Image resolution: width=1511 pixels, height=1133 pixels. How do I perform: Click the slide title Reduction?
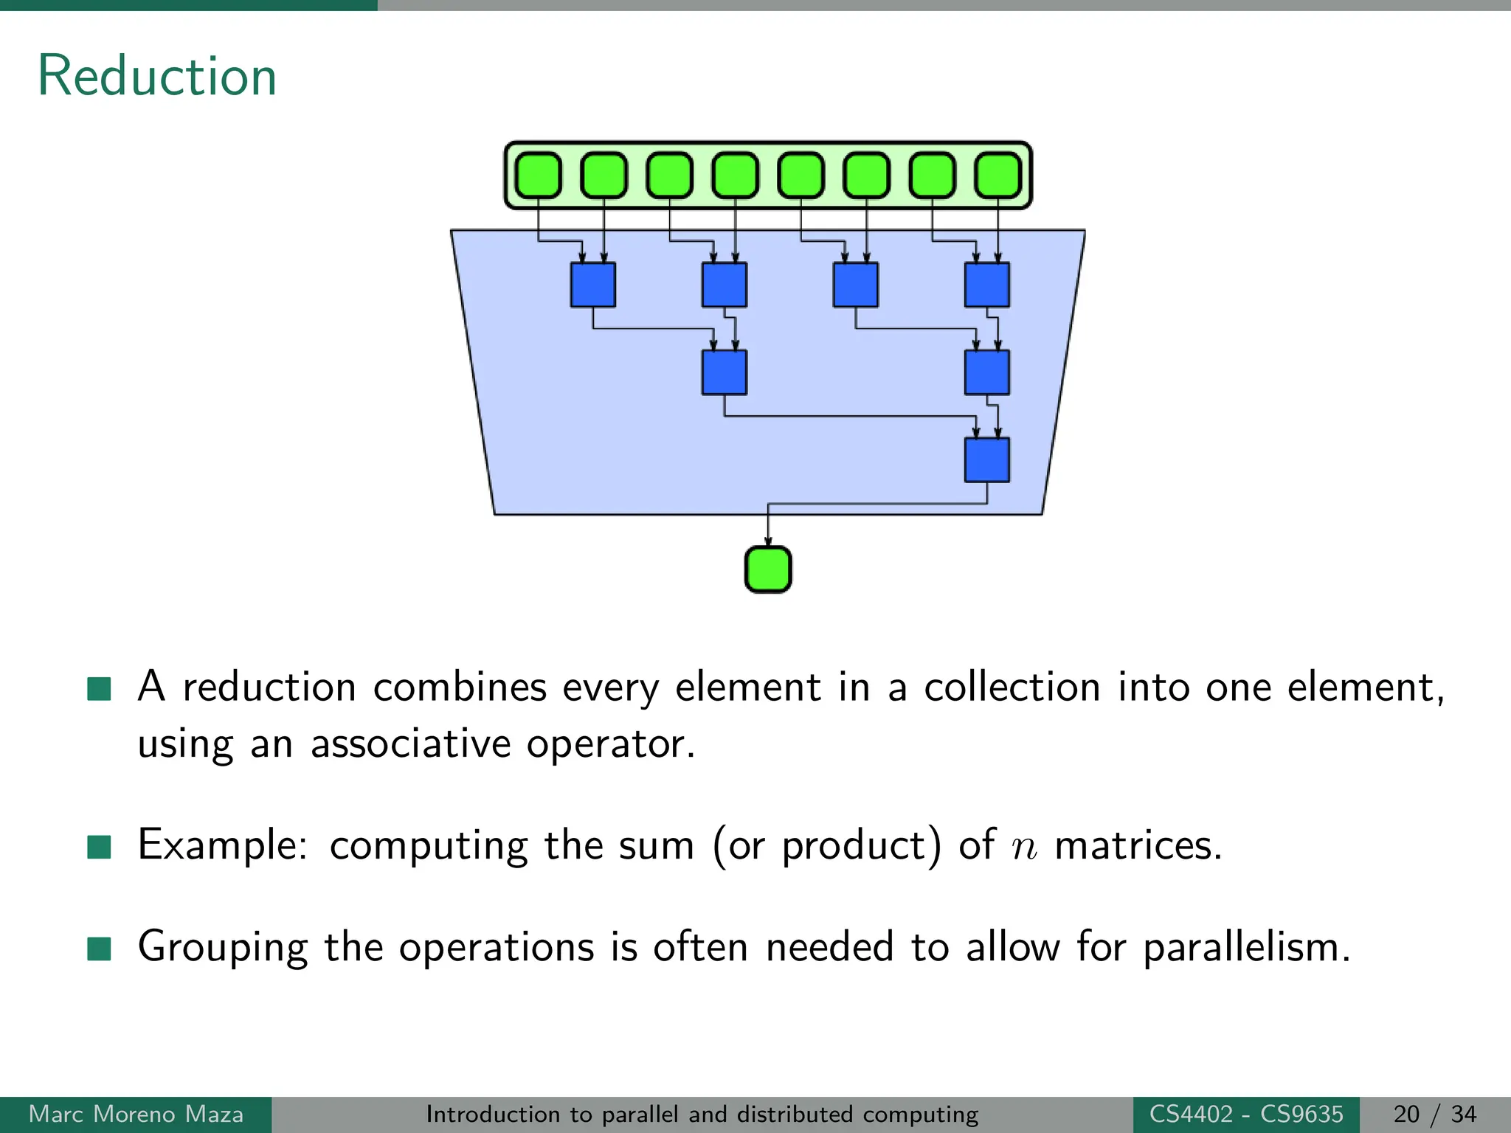[x=157, y=76]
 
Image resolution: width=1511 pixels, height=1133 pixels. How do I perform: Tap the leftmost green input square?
[x=538, y=176]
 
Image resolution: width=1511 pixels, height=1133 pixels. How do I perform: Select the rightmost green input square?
[x=997, y=176]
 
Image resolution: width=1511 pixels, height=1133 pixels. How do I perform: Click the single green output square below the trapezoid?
[x=768, y=569]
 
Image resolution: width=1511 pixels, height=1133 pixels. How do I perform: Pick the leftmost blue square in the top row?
[x=592, y=285]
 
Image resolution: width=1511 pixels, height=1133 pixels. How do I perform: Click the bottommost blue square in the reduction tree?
[x=986, y=460]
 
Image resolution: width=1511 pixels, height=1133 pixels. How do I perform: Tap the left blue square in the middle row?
[x=724, y=373]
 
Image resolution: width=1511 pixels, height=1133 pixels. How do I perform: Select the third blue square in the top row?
[x=855, y=285]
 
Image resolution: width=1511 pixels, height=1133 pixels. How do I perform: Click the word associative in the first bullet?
[x=410, y=744]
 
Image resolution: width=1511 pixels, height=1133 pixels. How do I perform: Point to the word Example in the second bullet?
[x=222, y=845]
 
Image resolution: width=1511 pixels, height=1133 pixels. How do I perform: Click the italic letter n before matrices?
[x=1024, y=847]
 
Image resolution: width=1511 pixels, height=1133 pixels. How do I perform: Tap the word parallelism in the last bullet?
[x=1246, y=947]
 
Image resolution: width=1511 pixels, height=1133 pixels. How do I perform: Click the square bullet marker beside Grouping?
[x=99, y=949]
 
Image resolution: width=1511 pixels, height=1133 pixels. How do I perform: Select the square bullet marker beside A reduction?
[x=99, y=688]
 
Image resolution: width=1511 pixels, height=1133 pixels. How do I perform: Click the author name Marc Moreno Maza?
[x=136, y=1115]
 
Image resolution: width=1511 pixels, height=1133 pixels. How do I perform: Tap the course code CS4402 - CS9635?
[x=1246, y=1115]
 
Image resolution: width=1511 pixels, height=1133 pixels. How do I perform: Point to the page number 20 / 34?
[x=1434, y=1115]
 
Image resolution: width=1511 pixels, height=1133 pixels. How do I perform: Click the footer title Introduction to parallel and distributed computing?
[x=702, y=1115]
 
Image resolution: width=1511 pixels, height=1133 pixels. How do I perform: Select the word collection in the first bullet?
[x=1012, y=687]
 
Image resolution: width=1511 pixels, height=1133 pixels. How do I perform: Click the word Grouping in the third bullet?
[x=222, y=947]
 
